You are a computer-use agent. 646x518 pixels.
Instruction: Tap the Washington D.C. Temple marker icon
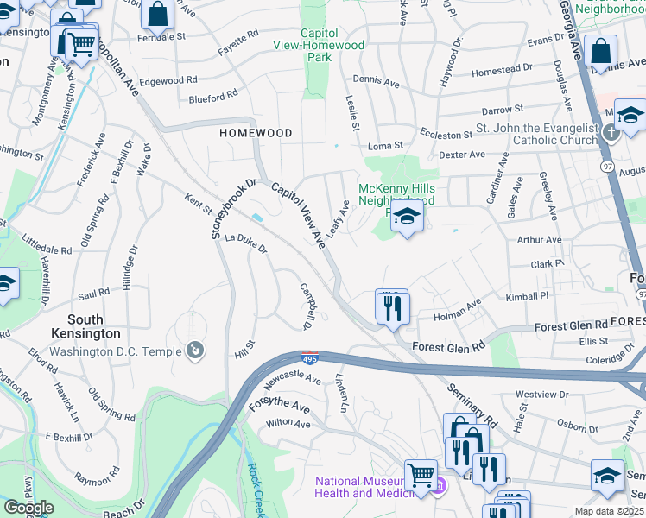[x=196, y=351]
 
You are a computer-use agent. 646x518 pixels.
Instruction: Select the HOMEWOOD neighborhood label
[x=256, y=133]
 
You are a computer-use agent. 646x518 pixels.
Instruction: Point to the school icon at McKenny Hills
[x=408, y=217]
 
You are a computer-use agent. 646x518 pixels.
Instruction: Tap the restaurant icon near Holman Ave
[x=392, y=306]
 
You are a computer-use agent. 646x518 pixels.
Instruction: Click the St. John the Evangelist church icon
[x=611, y=132]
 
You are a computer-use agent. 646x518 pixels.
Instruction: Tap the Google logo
[x=28, y=507]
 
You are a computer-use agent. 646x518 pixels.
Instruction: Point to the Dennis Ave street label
[x=376, y=83]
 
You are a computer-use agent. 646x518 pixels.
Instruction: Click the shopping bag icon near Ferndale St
[x=158, y=15]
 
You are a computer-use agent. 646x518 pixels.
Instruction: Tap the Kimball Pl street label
[x=527, y=296]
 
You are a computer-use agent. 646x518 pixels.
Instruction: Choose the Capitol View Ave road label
[x=298, y=215]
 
